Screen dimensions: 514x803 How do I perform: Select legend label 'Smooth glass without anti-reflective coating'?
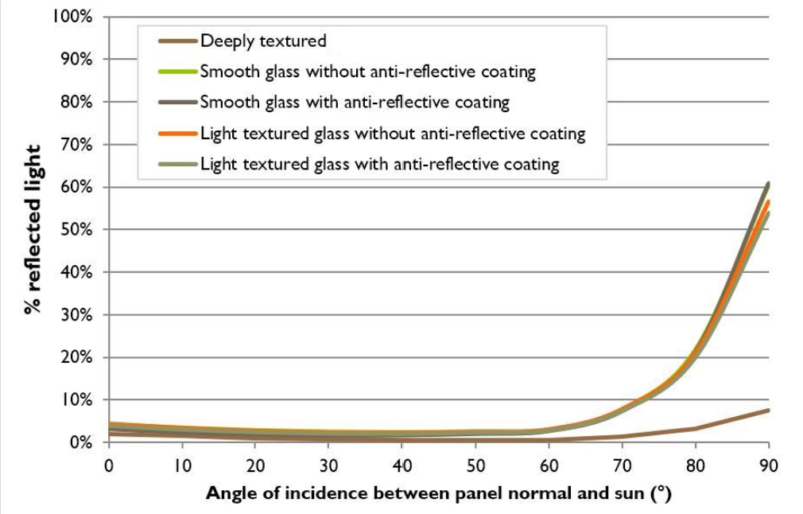(367, 72)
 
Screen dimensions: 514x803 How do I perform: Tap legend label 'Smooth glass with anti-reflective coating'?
(354, 103)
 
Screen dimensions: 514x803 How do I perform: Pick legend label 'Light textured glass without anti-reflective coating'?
(393, 134)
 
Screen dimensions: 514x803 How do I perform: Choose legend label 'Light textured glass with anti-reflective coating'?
(379, 165)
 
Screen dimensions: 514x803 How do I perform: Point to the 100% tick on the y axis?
(75, 17)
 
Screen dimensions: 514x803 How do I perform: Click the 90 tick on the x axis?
(769, 463)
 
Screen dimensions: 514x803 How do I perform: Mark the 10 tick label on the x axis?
(182, 463)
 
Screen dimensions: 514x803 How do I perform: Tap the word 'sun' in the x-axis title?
(630, 494)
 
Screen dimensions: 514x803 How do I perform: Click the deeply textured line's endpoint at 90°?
(768, 411)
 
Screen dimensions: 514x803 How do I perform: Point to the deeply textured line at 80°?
(696, 430)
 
